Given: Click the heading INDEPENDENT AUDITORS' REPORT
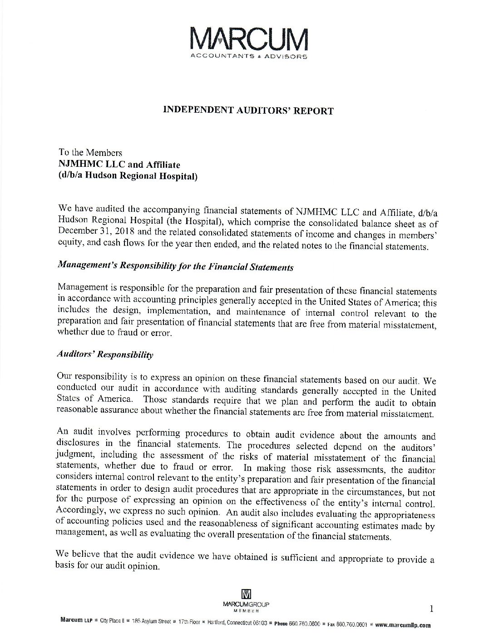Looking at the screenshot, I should tap(248, 110).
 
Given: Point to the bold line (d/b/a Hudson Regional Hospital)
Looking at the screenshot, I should tap(128, 175).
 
